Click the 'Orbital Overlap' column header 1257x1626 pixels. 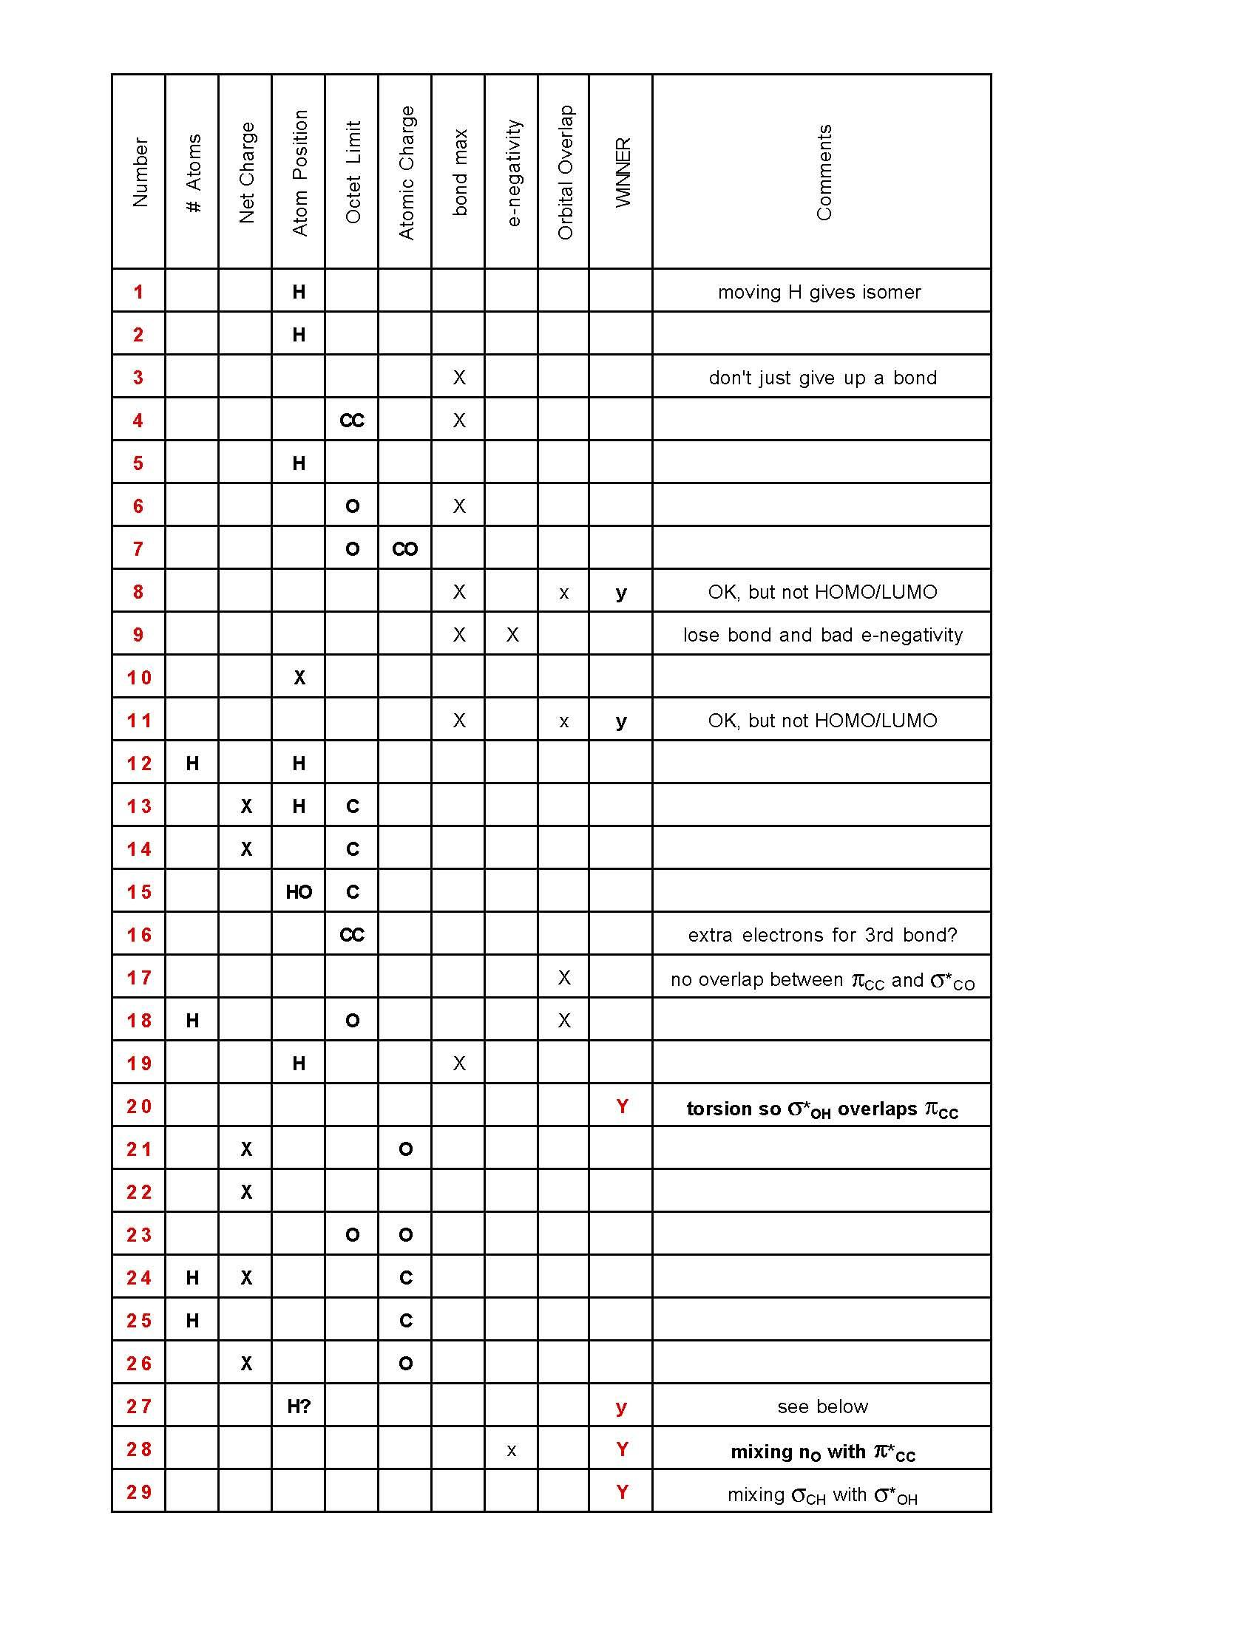coord(565,173)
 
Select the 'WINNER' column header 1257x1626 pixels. coord(623,173)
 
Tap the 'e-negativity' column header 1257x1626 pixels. coord(513,173)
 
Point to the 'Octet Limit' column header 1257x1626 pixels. coord(352,173)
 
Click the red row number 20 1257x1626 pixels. coord(139,1106)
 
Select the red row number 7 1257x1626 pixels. coord(138,549)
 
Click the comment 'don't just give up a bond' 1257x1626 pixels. coord(822,378)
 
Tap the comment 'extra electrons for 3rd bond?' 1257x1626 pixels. coord(822,934)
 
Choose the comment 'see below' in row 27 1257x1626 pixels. coord(822,1406)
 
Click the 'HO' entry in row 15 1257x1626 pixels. coord(299,892)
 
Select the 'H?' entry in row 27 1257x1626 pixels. coord(299,1406)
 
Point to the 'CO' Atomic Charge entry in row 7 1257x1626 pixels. coord(405,549)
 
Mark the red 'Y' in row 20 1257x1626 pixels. coord(623,1106)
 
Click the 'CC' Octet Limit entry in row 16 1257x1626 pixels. coord(352,934)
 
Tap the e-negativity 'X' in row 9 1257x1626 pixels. coord(512,635)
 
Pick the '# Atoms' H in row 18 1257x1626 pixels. coord(192,1021)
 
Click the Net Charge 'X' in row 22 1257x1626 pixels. coord(246,1192)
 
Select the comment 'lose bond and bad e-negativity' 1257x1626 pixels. coord(822,635)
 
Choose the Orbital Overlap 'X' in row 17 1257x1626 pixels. coord(564,978)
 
